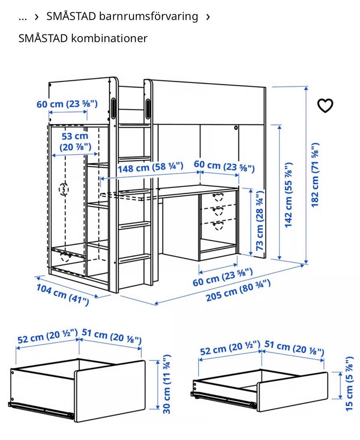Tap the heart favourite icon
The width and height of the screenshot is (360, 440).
pyautogui.click(x=325, y=105)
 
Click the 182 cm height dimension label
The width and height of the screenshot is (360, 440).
pyautogui.click(x=315, y=175)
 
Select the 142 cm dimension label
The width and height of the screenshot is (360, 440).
pyautogui.click(x=288, y=195)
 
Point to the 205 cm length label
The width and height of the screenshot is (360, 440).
pyautogui.click(x=238, y=291)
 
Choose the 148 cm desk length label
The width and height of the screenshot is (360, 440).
pyautogui.click(x=150, y=167)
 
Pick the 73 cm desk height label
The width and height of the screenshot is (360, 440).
pyautogui.click(x=260, y=220)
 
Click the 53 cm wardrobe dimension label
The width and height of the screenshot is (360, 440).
pyautogui.click(x=75, y=142)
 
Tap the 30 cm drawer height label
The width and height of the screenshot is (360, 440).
pyautogui.click(x=166, y=384)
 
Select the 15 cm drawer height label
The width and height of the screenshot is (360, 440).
pyautogui.click(x=349, y=384)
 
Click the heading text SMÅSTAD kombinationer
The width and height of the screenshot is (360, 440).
pyautogui.click(x=83, y=38)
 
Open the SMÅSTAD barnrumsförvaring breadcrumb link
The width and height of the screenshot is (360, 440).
pyautogui.click(x=122, y=16)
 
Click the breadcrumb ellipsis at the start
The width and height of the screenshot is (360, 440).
pyautogui.click(x=23, y=17)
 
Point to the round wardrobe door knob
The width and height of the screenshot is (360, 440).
pyautogui.click(x=64, y=189)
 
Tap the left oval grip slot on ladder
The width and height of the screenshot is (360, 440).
pyautogui.click(x=113, y=108)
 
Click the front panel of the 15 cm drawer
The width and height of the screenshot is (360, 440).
pyautogui.click(x=292, y=392)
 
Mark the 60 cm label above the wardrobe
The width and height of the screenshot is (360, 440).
pyautogui.click(x=67, y=104)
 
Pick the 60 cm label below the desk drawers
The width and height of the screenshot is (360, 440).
pyautogui.click(x=223, y=277)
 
